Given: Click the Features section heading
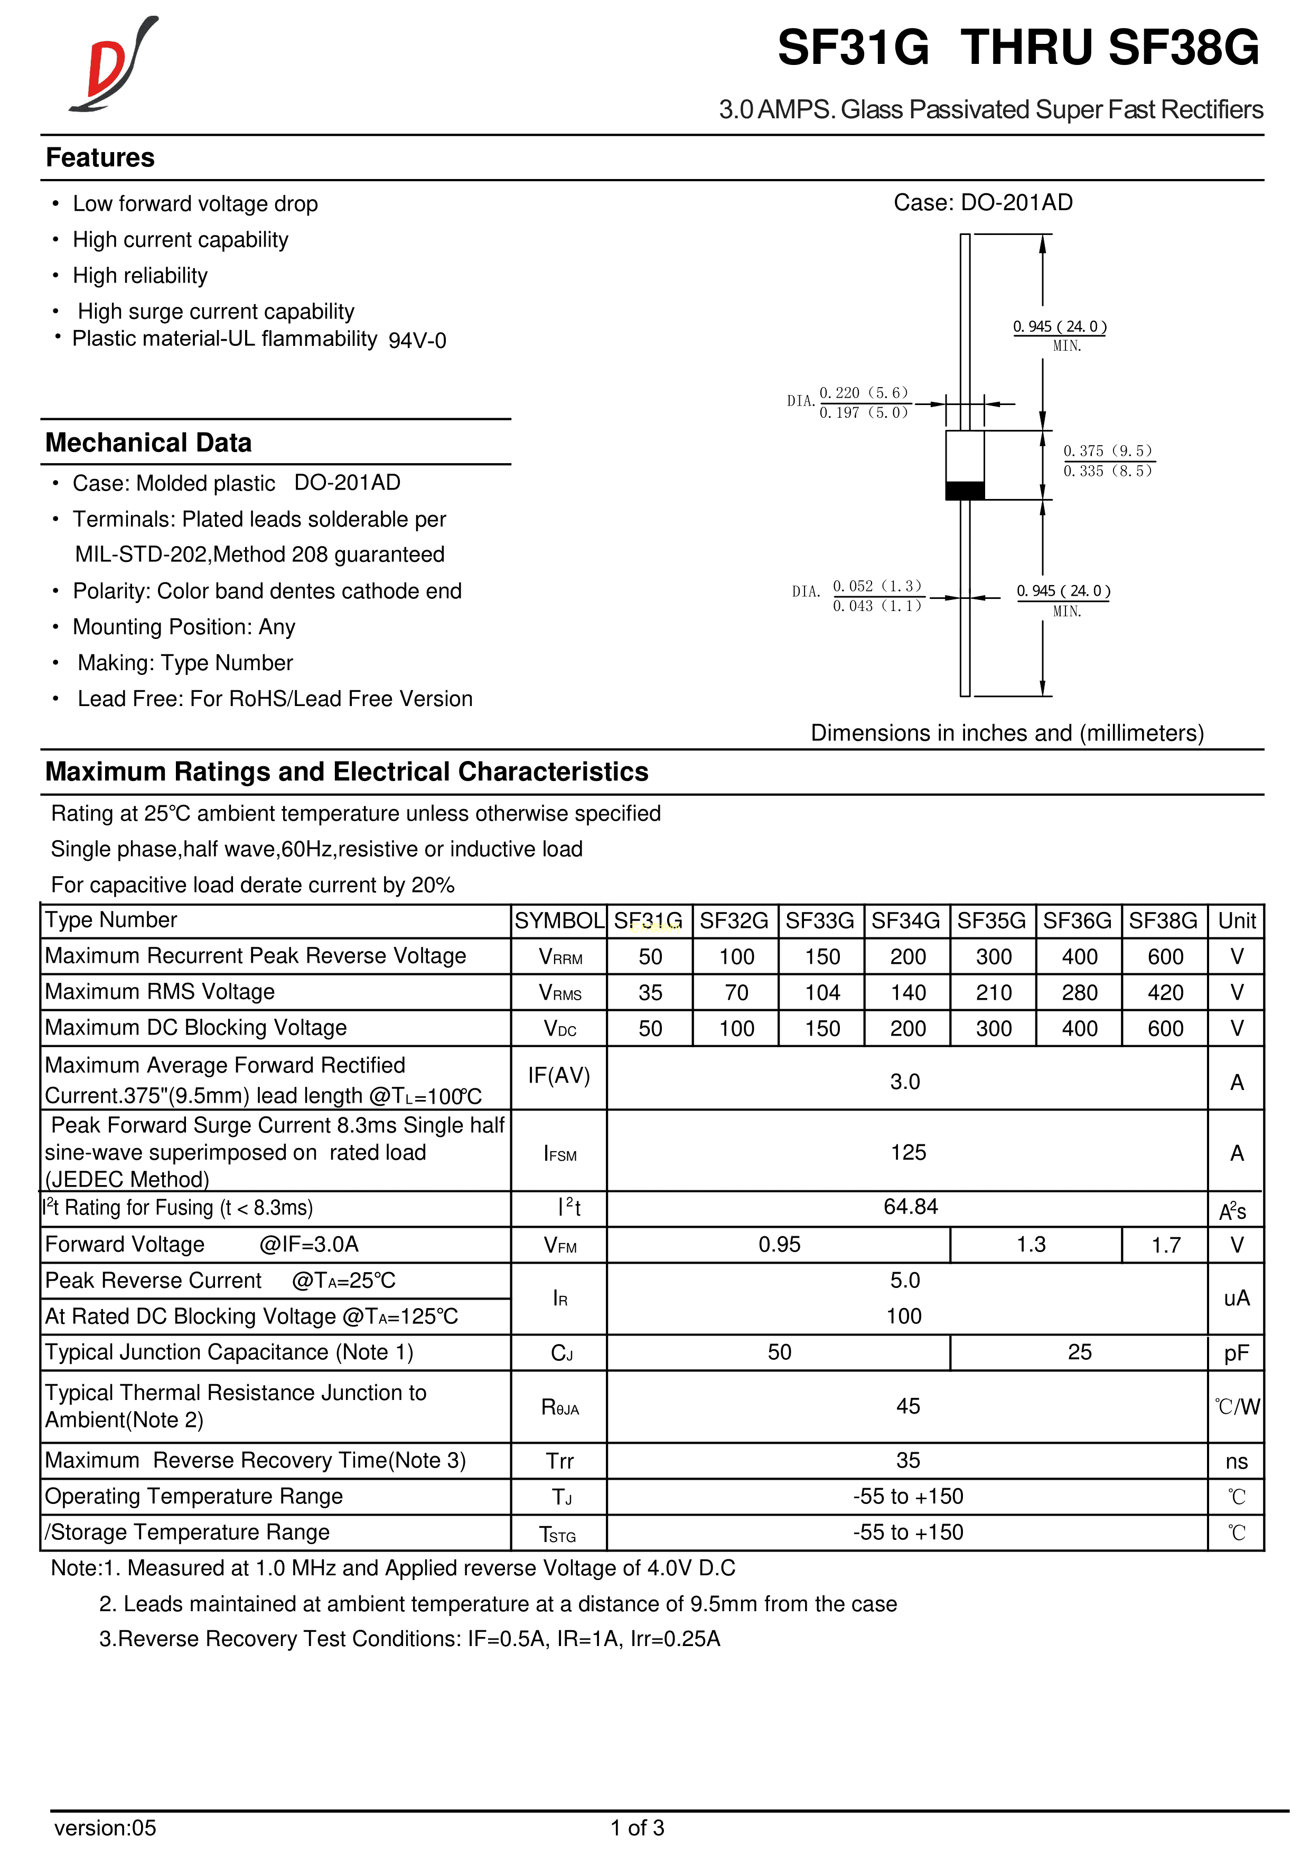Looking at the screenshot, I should pos(100,157).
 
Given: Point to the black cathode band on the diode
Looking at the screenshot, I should pos(965,491).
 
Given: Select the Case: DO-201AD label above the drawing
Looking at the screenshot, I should pos(982,202).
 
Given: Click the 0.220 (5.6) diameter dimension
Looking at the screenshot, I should pos(863,393).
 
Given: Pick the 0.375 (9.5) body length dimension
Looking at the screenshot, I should pos(1107,451).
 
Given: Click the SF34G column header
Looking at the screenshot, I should pos(906,920).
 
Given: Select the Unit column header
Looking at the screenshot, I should pos(1237,920).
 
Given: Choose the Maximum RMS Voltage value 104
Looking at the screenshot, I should pos(822,992).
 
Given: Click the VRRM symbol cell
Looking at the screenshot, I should pos(560,957).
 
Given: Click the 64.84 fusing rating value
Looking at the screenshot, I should pos(910,1207).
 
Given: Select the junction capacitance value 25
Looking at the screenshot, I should pos(1079,1352).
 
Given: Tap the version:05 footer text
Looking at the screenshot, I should pos(105,1827).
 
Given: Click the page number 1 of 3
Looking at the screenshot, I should pos(637,1827).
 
